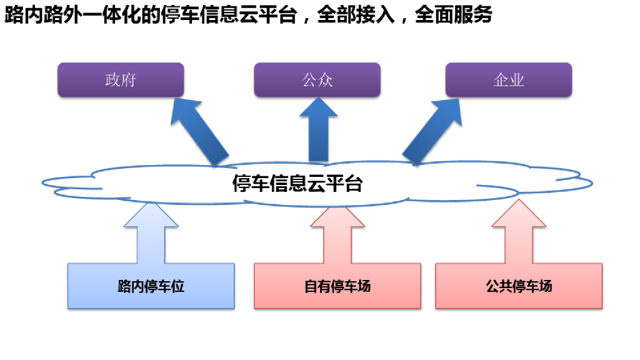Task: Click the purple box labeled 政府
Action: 121,80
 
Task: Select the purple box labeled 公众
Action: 317,80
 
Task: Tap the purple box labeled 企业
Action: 508,80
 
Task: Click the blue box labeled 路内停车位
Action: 151,286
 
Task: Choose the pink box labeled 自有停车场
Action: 337,286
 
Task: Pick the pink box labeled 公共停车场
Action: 519,286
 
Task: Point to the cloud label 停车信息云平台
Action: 297,184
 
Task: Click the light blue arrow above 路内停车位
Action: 151,234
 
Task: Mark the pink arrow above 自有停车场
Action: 337,234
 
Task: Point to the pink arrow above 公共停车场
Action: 518,234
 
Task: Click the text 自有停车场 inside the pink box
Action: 337,286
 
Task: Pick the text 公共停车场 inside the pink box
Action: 519,286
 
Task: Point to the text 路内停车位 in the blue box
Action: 151,287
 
